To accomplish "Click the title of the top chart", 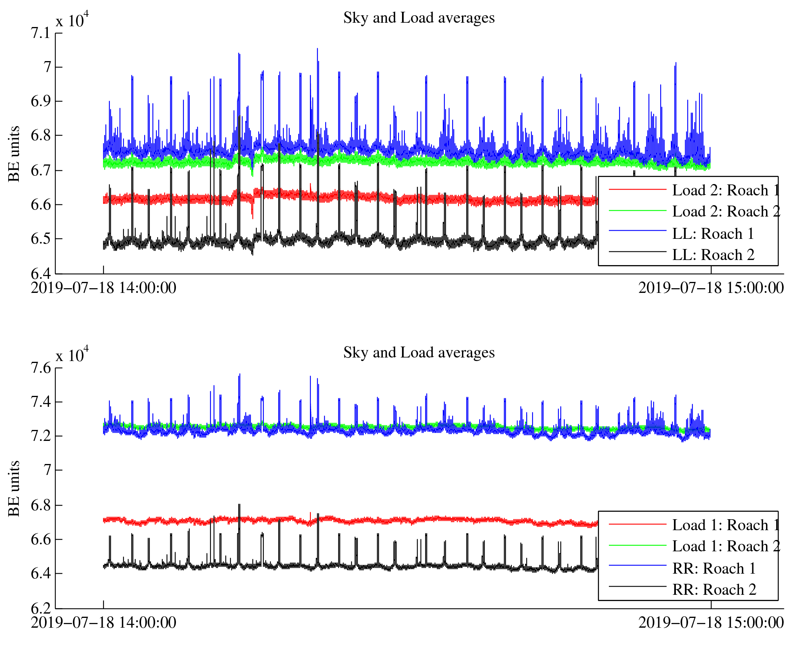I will coord(418,18).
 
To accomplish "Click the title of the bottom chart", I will coord(418,353).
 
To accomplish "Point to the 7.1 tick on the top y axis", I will coord(41,33).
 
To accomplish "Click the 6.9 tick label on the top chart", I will coord(41,101).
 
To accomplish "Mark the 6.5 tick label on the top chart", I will coord(41,238).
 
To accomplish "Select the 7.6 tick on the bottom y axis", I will coord(41,368).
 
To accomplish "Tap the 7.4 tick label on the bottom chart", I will coord(41,402).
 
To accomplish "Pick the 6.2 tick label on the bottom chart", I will coord(41,608).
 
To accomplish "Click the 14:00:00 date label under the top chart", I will coord(103,288).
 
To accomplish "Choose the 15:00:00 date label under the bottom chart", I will coord(711,623).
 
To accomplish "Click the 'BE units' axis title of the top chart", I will coord(14,153).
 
